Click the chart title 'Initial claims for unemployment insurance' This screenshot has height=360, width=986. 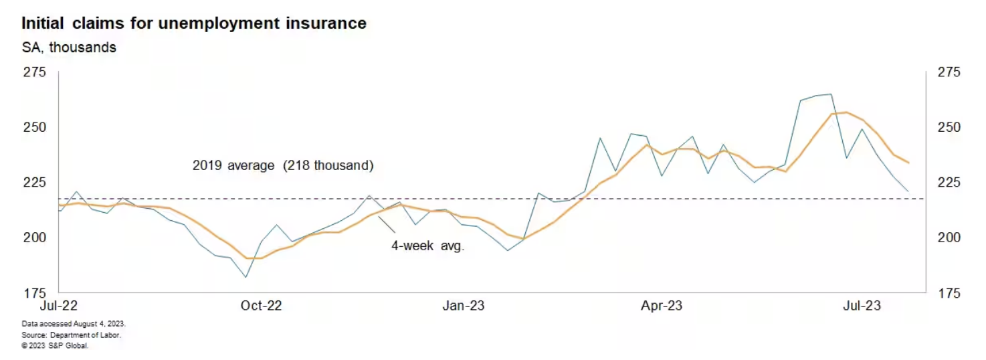tap(194, 23)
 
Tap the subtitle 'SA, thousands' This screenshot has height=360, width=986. tap(69, 48)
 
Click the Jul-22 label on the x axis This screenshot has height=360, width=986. tap(60, 306)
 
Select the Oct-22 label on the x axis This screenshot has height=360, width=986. tap(262, 306)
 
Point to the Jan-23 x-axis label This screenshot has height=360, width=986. tap(462, 306)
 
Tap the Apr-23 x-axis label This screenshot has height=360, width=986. tap(662, 306)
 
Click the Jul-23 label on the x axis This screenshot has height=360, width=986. tap(861, 306)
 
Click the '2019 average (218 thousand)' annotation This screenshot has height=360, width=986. tap(283, 165)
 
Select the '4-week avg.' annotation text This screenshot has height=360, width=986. tap(428, 246)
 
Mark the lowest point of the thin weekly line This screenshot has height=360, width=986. tap(246, 277)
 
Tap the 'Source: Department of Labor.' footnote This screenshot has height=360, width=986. tap(72, 335)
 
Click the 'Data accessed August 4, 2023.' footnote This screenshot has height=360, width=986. tap(74, 324)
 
